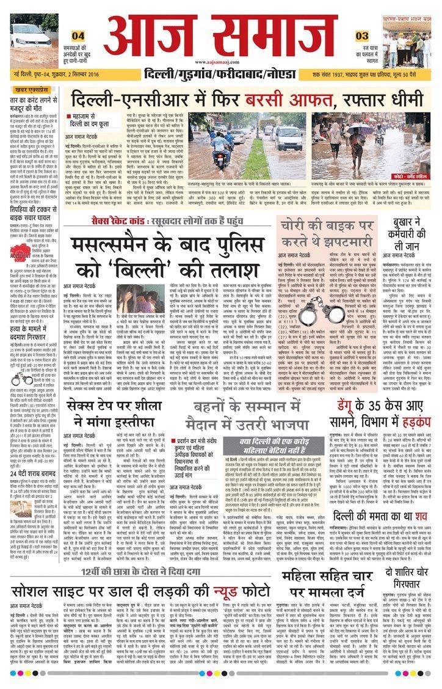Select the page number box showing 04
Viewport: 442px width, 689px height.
coord(78,36)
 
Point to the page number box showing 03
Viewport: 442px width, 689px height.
coord(362,36)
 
